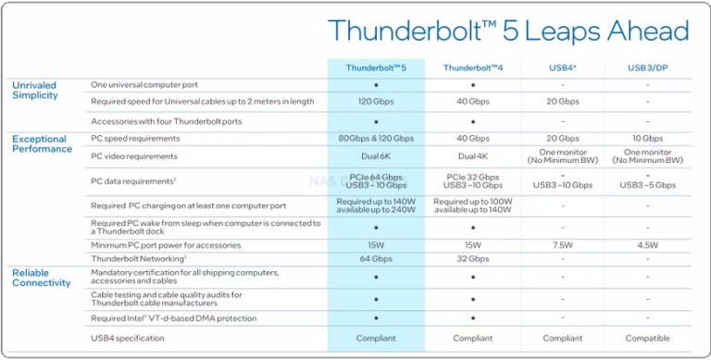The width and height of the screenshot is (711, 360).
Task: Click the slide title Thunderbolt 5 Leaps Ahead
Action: pyautogui.click(x=509, y=31)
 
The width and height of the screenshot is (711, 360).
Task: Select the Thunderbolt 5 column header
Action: pyautogui.click(x=376, y=68)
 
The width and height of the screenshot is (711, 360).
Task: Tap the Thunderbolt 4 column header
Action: pyautogui.click(x=472, y=68)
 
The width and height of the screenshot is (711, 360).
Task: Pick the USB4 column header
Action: pyautogui.click(x=562, y=68)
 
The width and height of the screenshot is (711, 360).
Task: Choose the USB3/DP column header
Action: pyautogui.click(x=647, y=68)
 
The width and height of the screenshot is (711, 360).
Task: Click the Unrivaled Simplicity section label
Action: pyautogui.click(x=34, y=90)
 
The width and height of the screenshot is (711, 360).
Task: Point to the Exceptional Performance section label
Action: pyautogui.click(x=42, y=143)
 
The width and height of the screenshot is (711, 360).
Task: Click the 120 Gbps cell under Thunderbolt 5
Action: pyautogui.click(x=376, y=101)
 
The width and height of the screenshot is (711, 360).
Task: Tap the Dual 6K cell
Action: pyautogui.click(x=376, y=156)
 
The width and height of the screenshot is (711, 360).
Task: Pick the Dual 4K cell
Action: pyautogui.click(x=472, y=156)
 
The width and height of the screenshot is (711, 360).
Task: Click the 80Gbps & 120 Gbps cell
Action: pyautogui.click(x=376, y=138)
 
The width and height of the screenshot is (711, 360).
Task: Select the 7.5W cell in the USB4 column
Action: pyautogui.click(x=562, y=245)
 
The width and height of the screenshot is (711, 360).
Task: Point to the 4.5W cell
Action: pyautogui.click(x=647, y=245)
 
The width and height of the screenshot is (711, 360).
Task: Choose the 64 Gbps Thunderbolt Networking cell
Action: pyautogui.click(x=376, y=259)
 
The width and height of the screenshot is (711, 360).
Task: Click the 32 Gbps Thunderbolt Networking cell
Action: pyautogui.click(x=472, y=259)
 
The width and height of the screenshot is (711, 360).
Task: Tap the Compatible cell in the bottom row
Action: pyautogui.click(x=647, y=339)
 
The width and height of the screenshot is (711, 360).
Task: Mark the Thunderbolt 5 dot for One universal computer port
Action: pyautogui.click(x=376, y=85)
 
